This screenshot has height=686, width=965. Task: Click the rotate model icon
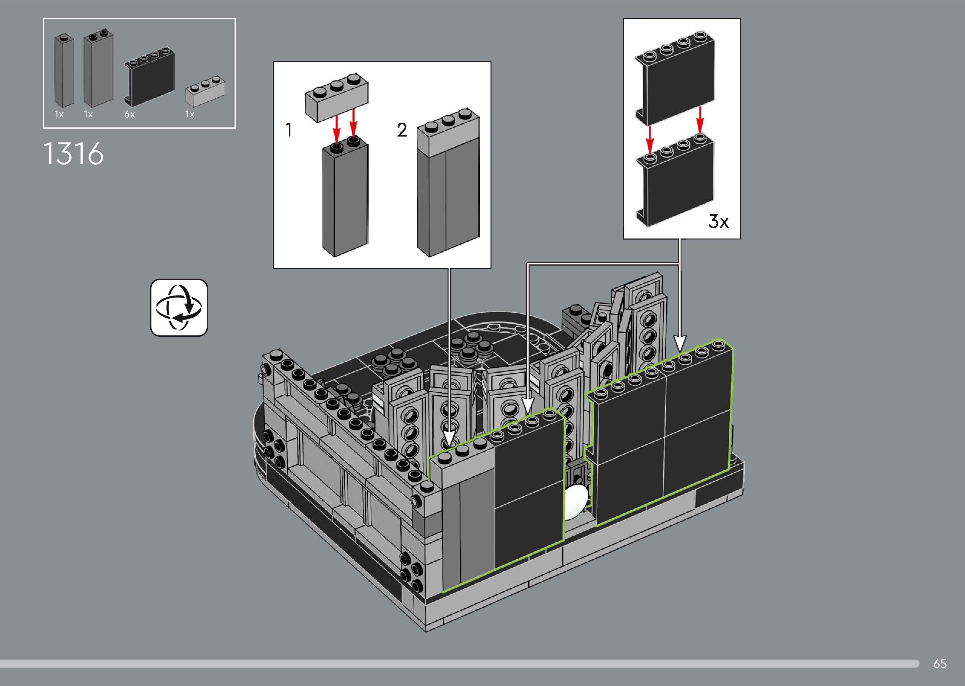pos(179,308)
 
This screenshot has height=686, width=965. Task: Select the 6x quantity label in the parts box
pos(129,114)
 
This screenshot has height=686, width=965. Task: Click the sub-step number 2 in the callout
pos(402,130)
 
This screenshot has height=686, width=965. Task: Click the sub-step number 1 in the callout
pos(289,130)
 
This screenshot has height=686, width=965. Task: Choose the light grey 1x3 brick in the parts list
pos(205,91)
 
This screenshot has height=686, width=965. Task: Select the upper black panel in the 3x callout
pos(675,80)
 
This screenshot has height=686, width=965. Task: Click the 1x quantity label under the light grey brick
pos(190,114)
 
